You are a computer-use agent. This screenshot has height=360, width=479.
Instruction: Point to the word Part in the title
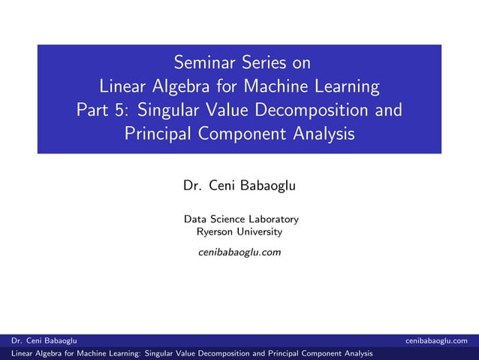pyautogui.click(x=94, y=110)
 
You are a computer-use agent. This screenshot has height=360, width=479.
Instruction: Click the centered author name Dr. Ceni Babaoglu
pyautogui.click(x=239, y=185)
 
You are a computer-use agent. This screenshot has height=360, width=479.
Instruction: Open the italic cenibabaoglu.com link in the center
pyautogui.click(x=239, y=252)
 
